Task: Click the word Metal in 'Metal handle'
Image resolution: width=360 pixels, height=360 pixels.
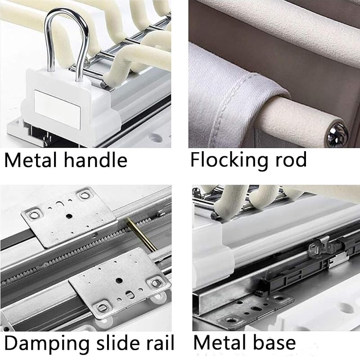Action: tap(31, 160)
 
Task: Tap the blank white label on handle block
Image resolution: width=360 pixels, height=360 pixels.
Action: tap(58, 109)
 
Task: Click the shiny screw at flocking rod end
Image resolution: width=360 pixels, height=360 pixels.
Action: tap(337, 135)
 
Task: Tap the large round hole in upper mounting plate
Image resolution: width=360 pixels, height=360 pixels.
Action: tap(69, 216)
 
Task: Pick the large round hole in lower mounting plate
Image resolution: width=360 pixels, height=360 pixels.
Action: tap(119, 280)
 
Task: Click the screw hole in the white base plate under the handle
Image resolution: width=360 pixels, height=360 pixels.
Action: tap(155, 138)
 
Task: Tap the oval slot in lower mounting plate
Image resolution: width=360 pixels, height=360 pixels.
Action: tap(130, 295)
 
